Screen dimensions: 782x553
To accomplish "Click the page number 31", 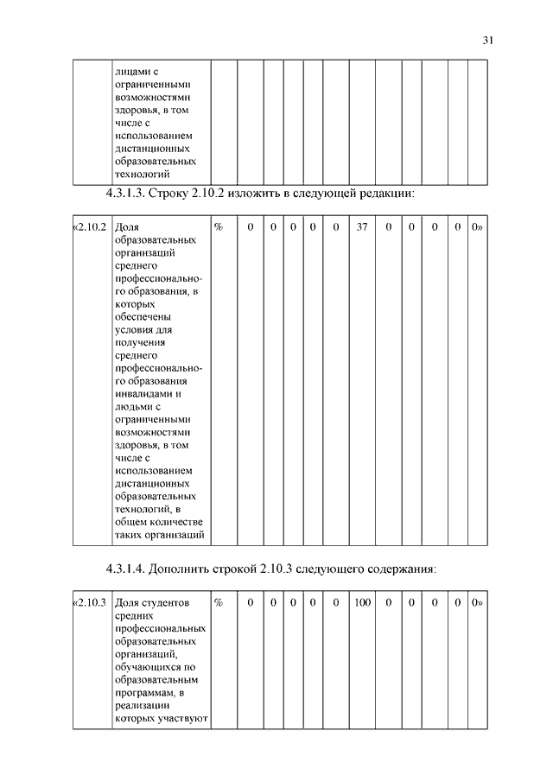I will click(487, 40).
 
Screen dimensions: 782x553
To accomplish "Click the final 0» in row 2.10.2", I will click(476, 226).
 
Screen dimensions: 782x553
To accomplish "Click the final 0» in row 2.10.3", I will click(476, 601).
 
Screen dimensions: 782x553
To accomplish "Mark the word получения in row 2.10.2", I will click(138, 343).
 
